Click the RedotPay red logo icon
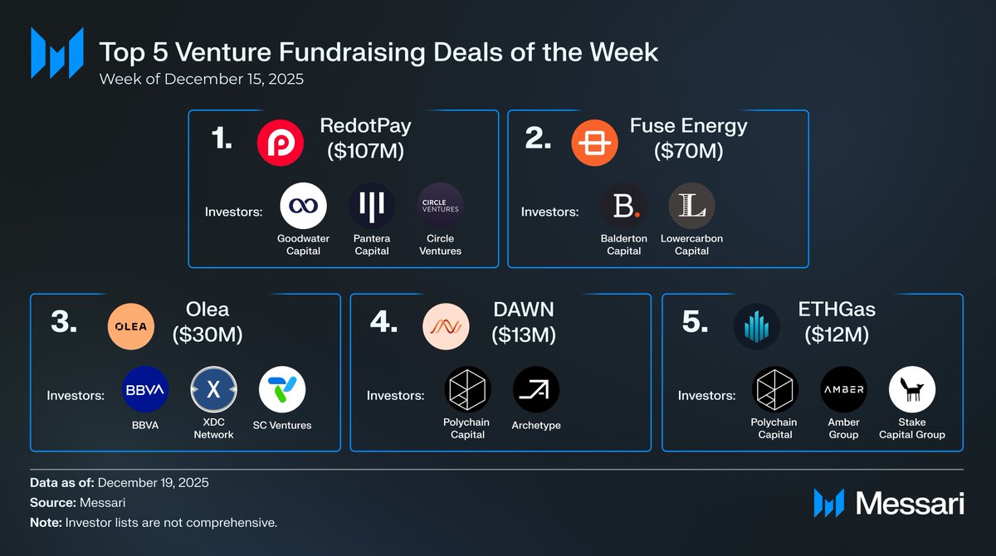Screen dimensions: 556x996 coord(280,143)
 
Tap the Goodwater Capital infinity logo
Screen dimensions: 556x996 coord(303,206)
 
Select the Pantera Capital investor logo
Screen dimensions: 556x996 coord(372,206)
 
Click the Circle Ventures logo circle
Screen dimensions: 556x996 coord(440,206)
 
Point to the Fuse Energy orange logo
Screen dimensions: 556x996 coord(595,143)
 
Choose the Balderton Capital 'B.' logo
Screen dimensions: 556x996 coord(623,206)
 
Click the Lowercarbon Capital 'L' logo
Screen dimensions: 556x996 coord(691,206)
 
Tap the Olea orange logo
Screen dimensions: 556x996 coord(131,326)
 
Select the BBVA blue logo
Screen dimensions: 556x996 coord(145,390)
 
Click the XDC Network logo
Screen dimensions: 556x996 coord(214,390)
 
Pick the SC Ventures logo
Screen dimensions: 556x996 coord(282,390)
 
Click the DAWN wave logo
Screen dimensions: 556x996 coord(446,326)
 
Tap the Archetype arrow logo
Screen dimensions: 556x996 coord(536,390)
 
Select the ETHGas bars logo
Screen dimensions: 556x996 coord(756,326)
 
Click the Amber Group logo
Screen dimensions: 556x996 coord(843,390)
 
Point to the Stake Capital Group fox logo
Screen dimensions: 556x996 coord(912,390)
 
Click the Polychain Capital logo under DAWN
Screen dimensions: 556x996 coord(467,390)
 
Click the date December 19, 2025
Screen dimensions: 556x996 coord(155,483)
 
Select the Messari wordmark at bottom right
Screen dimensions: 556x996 coord(909,503)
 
